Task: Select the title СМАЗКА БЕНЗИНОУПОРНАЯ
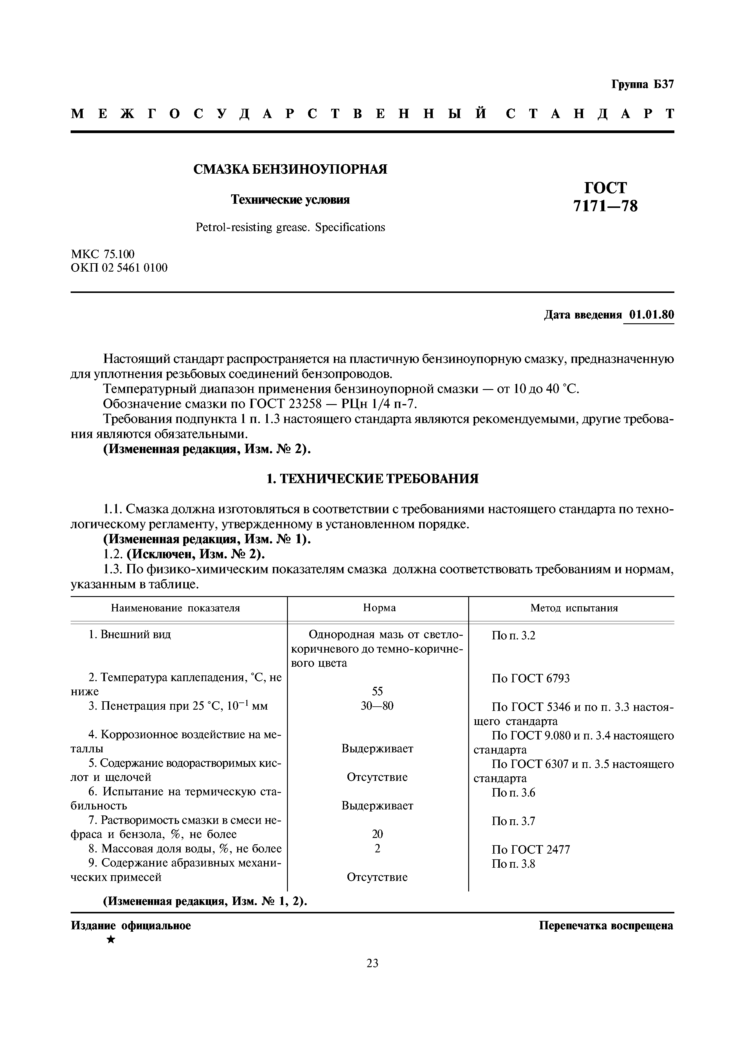click(x=290, y=169)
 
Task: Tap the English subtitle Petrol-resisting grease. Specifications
click(x=290, y=227)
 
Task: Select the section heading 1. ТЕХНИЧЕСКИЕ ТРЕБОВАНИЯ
click(x=372, y=479)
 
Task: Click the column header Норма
click(x=379, y=608)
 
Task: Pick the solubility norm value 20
click(x=377, y=834)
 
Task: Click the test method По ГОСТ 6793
click(x=530, y=678)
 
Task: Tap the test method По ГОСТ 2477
click(x=530, y=849)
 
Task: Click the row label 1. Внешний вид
click(x=130, y=635)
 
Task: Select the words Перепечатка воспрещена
click(x=606, y=925)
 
